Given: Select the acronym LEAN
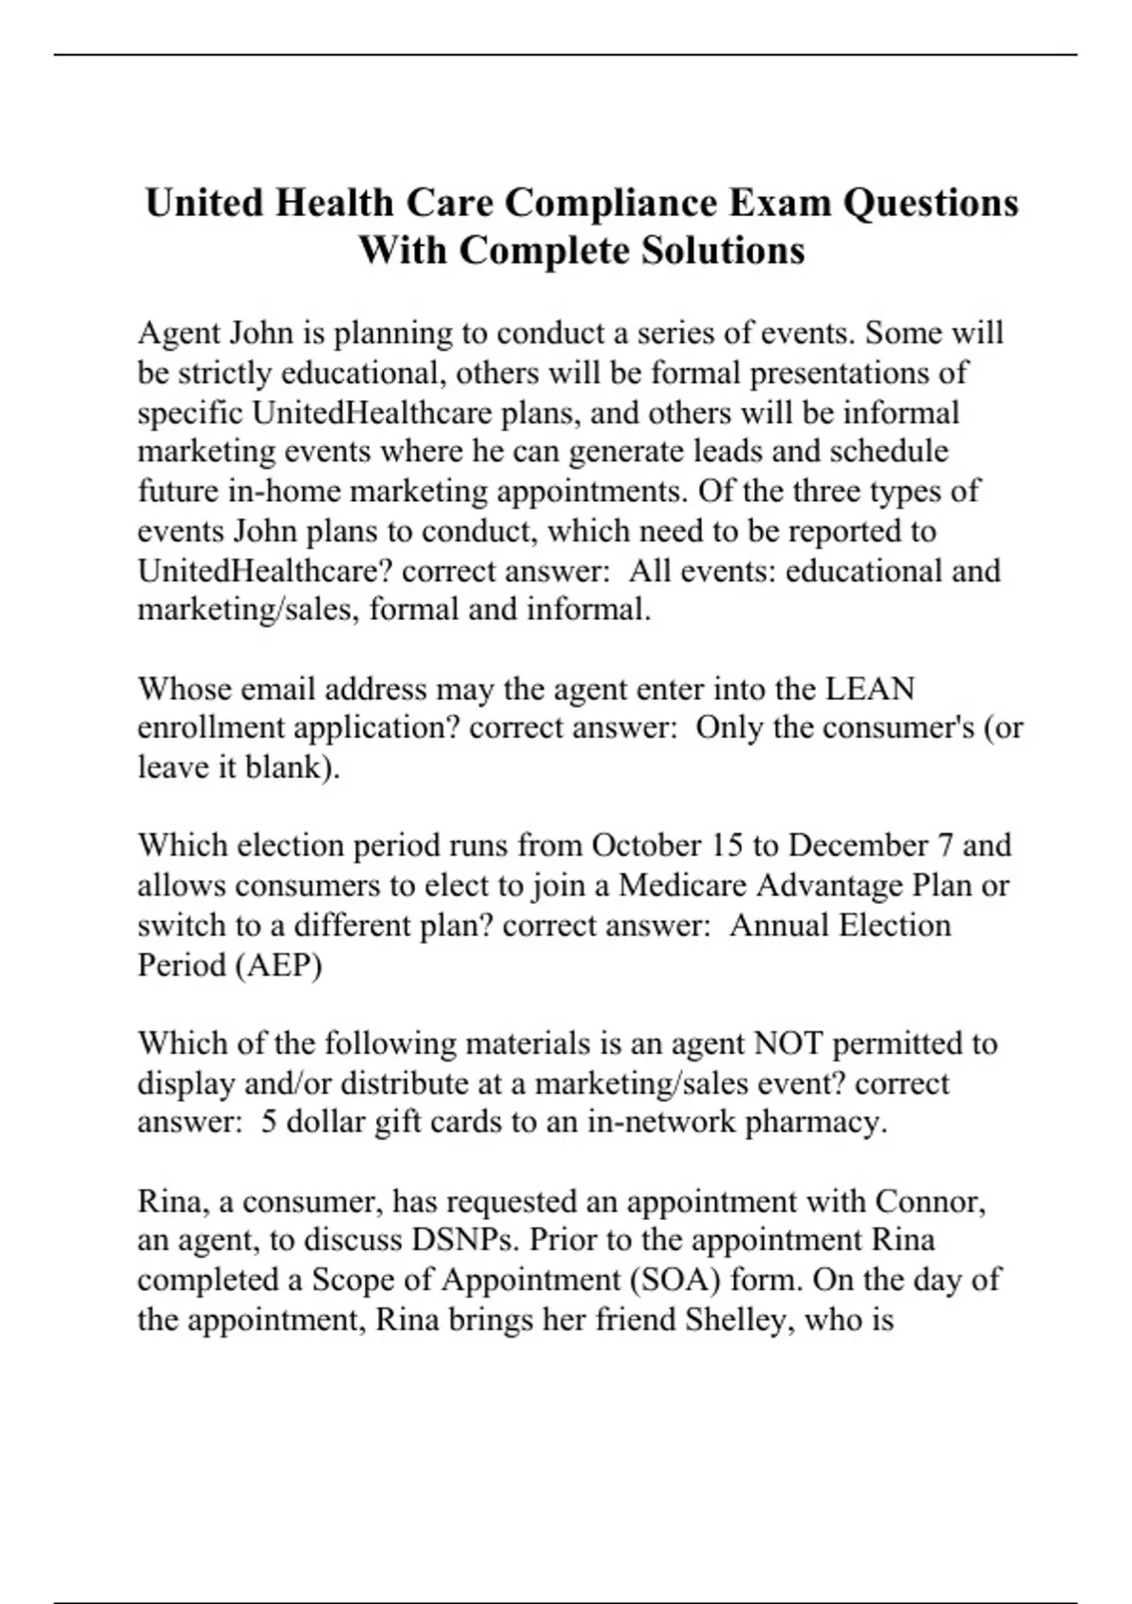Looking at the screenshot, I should tap(870, 689).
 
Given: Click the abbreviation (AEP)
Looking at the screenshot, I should tap(277, 965).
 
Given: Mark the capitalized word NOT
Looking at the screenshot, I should tap(789, 1044).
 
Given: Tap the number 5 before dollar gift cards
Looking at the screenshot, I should tap(269, 1122).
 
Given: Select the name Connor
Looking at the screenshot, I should tap(931, 1201).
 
